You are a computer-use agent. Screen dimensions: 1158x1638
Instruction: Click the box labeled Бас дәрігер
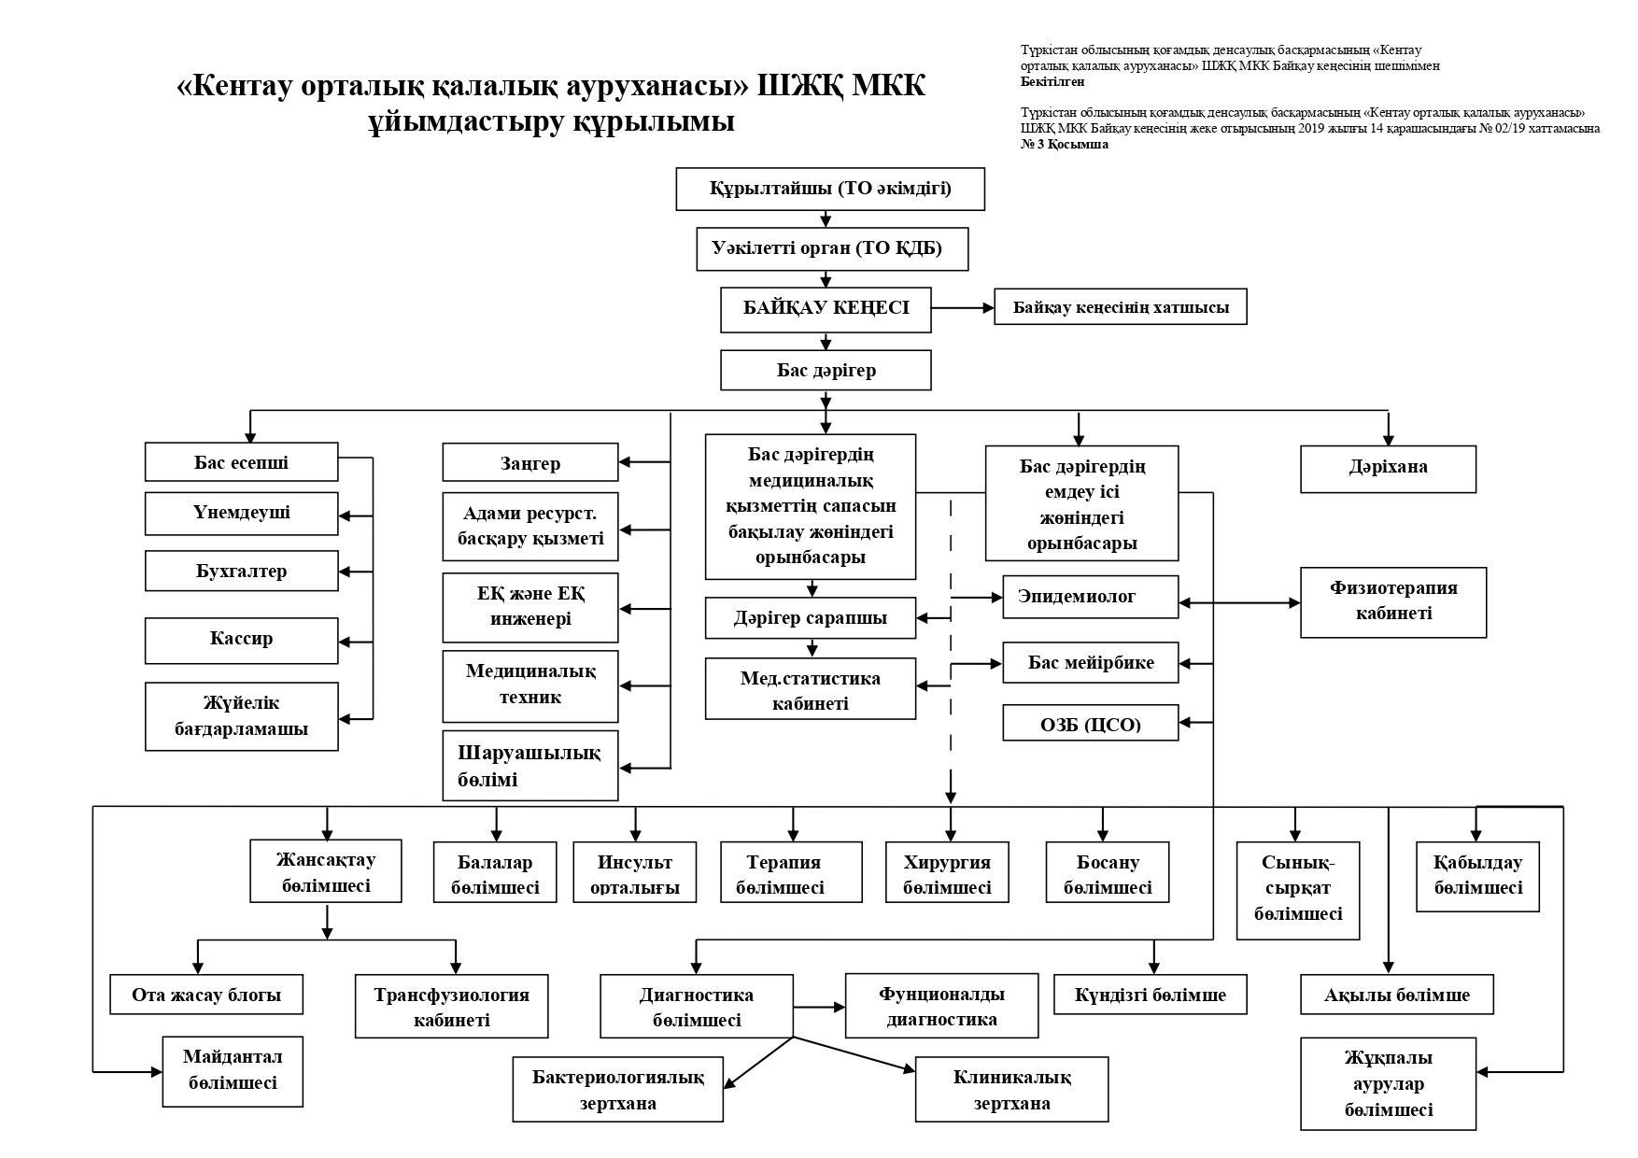(826, 371)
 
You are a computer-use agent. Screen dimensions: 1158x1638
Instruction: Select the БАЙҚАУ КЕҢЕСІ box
(826, 309)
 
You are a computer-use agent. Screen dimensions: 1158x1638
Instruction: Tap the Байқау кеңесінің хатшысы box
(1120, 307)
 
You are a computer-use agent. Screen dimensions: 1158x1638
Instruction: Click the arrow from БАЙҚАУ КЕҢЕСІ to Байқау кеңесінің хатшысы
(963, 307)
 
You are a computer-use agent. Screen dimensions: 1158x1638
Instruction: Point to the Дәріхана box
(1388, 468)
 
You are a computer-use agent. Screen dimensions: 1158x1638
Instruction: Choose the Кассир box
(241, 640)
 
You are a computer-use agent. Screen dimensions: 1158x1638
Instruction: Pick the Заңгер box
(530, 463)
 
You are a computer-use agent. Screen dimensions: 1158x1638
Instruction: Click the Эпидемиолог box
(1090, 597)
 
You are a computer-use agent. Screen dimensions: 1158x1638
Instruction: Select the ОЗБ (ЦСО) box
(1090, 723)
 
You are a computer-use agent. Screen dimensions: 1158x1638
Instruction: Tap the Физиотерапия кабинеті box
(1392, 601)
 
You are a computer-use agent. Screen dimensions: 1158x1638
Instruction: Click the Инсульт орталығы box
(635, 874)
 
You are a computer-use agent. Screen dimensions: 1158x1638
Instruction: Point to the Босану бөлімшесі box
(1107, 874)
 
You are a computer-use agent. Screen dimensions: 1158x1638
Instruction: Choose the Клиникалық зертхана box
(1011, 1089)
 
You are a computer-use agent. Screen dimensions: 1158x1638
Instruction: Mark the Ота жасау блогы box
(206, 995)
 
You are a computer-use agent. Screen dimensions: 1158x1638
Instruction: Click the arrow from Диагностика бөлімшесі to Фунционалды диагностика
(819, 1007)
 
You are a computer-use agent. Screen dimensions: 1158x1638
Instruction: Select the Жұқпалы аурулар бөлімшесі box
(1388, 1083)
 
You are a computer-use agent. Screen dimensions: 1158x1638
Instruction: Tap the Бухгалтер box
(241, 571)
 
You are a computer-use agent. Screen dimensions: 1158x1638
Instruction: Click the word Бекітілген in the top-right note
(1052, 82)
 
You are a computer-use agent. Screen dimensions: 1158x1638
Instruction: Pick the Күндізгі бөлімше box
(1150, 995)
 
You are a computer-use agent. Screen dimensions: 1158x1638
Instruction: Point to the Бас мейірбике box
(1090, 663)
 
